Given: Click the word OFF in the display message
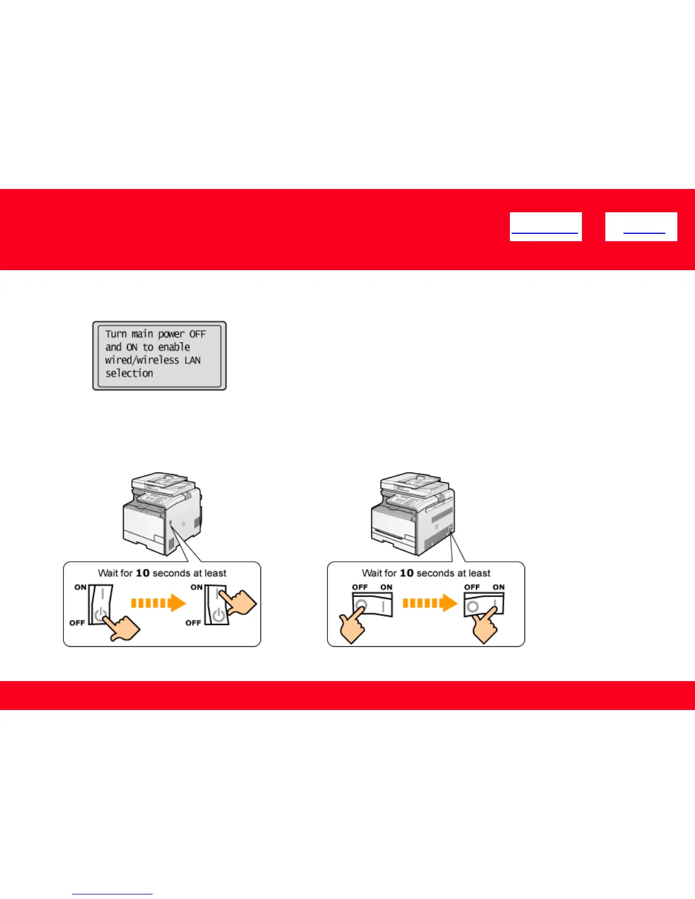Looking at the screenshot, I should (198, 334).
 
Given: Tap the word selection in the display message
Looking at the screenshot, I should (129, 373).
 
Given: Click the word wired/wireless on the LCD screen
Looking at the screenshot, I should (142, 360).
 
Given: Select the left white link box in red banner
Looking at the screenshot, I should (546, 227).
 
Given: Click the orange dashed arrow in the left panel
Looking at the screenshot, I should (158, 603).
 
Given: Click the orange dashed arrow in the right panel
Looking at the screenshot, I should (430, 603).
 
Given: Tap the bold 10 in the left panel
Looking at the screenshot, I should (143, 573).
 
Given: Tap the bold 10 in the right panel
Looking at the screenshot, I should (407, 573).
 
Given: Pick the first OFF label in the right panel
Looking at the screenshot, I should (360, 587).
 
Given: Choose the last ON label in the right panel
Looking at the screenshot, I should (499, 587).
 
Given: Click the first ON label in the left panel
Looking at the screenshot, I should (81, 587).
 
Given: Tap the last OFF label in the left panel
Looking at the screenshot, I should (193, 623).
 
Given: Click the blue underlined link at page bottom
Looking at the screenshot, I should (112, 894).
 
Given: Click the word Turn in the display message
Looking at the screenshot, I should (116, 334).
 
